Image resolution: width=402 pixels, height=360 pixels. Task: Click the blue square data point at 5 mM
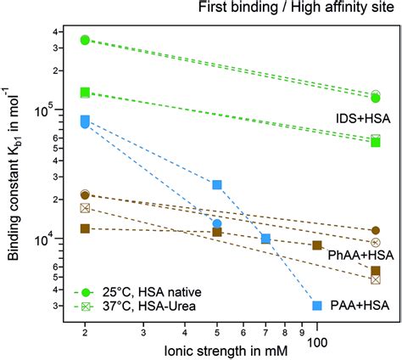tap(217, 184)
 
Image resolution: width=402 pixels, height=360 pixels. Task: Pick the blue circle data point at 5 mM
tap(217, 224)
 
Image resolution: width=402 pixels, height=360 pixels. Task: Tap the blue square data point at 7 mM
tap(265, 239)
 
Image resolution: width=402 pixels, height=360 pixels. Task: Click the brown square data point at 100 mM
tap(317, 245)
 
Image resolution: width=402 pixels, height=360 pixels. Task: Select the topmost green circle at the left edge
tap(85, 40)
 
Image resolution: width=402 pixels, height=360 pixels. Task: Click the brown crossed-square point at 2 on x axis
tap(85, 207)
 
